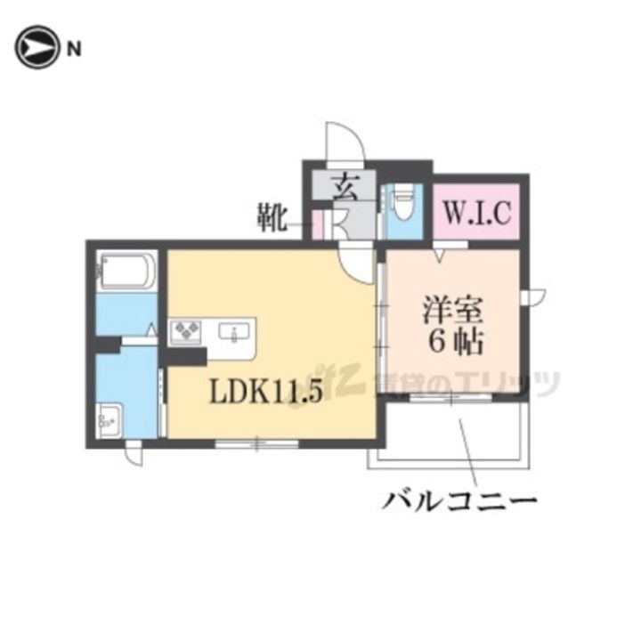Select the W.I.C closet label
pos(476,214)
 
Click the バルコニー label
pos(459,501)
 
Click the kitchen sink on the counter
pos(235,333)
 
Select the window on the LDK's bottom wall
pos(256,442)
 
